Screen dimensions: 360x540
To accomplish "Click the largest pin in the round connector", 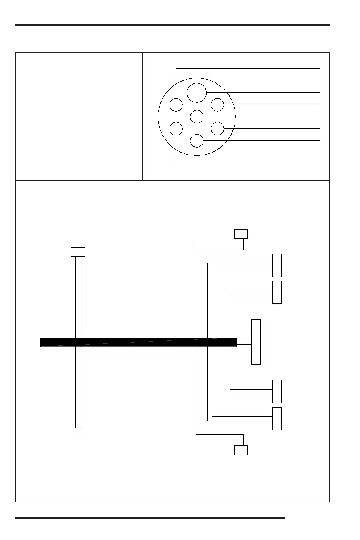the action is point(197,92).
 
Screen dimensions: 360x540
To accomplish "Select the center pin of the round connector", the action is point(197,116).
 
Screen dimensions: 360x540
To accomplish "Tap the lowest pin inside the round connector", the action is point(197,141).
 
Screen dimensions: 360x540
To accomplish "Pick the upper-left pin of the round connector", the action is point(176,105).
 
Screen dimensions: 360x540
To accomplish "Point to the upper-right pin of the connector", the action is point(217,105).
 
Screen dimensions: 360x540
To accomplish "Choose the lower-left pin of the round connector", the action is point(176,129).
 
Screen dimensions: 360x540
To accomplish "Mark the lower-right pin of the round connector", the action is point(217,129).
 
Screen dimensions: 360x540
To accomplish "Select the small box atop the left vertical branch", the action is point(78,252).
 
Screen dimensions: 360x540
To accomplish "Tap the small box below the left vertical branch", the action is point(78,432).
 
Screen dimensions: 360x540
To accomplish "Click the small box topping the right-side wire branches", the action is point(241,233).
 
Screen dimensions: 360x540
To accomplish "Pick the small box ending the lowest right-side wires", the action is point(241,450).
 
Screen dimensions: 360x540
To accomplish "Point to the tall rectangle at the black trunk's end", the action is point(256,342).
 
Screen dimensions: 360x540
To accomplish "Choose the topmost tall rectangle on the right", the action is point(277,265).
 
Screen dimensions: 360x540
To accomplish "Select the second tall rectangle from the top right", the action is point(277,292).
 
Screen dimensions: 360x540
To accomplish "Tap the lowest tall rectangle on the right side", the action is point(277,418).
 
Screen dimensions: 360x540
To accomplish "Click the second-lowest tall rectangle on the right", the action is point(277,391).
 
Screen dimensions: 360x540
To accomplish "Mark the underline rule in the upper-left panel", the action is point(79,67).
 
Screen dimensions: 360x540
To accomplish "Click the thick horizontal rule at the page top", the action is point(172,25).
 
